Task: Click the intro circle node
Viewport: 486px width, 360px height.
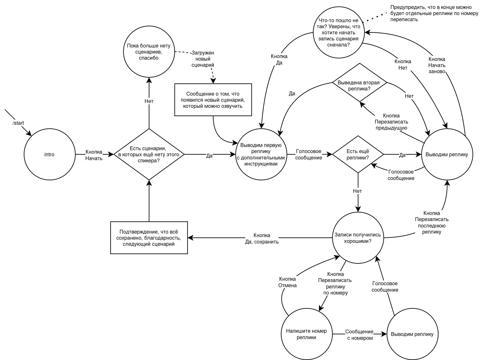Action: click(49, 154)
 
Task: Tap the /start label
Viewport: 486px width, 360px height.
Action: click(18, 123)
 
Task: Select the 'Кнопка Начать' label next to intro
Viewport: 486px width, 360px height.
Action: click(94, 155)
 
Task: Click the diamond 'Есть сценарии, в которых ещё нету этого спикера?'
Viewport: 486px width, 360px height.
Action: click(149, 154)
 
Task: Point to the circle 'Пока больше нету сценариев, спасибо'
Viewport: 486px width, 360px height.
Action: click(149, 52)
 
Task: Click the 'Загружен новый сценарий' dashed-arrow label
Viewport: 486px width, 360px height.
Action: click(203, 59)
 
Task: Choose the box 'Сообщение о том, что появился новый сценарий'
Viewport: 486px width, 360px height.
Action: click(213, 100)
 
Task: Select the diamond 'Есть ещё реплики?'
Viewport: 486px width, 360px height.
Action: click(358, 154)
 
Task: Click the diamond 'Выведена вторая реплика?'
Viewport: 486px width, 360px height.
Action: click(359, 85)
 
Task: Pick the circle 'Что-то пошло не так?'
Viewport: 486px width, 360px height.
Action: click(339, 33)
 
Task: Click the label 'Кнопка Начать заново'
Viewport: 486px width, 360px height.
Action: click(437, 65)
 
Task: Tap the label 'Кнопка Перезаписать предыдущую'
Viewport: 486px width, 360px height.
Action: click(391, 122)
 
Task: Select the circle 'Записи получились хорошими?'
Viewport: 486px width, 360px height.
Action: click(358, 238)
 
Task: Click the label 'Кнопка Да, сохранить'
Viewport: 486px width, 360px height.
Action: click(262, 238)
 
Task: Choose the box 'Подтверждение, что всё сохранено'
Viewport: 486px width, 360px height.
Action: click(149, 238)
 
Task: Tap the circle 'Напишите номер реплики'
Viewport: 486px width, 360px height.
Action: click(306, 334)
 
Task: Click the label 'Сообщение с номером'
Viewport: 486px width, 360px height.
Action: click(360, 335)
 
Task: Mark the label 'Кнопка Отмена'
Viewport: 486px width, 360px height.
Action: click(288, 282)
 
